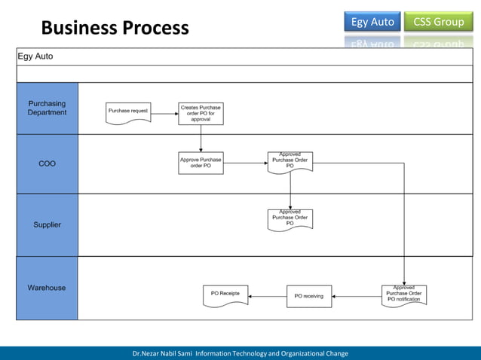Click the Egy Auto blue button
[372, 22]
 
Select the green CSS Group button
[438, 22]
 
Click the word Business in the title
[75, 28]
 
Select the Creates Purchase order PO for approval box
[201, 114]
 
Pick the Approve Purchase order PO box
[201, 163]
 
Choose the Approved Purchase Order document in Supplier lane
[290, 219]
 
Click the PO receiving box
[308, 296]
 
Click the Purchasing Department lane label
[47, 108]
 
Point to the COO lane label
[47, 163]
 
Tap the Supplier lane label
[47, 224]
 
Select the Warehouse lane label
[47, 288]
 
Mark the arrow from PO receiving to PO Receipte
[268, 296]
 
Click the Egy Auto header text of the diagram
[36, 56]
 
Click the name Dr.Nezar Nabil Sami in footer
[162, 353]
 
